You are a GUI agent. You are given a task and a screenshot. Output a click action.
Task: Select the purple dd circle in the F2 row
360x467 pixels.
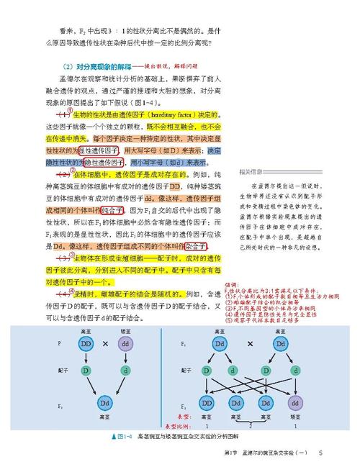(296, 402)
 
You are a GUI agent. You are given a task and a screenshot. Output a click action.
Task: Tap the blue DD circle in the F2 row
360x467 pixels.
(207, 402)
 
